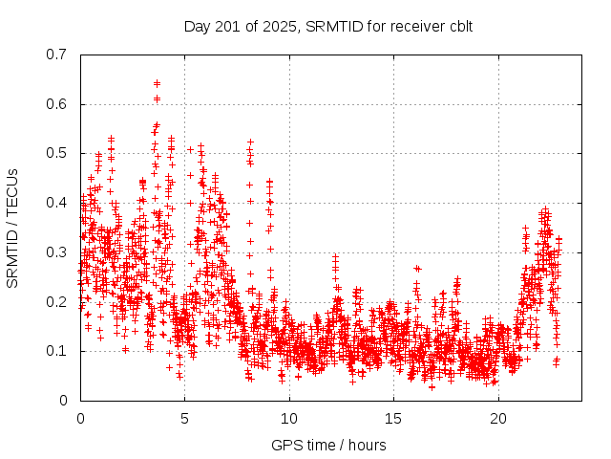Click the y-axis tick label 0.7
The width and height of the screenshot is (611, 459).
[58, 55]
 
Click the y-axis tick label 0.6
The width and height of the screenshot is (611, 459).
[58, 104]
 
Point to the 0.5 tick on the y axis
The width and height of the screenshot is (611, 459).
[58, 153]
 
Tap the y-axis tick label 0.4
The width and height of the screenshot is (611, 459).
[58, 203]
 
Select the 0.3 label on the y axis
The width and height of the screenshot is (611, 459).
[58, 252]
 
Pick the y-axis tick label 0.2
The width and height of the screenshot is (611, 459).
[58, 301]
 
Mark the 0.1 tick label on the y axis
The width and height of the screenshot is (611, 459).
[58, 351]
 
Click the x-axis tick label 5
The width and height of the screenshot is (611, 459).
[185, 419]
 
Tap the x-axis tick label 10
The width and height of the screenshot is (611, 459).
[289, 419]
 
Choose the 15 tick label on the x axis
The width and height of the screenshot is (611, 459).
[394, 419]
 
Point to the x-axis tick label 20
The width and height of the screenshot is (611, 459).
[498, 419]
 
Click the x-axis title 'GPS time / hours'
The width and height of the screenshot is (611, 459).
[328, 445]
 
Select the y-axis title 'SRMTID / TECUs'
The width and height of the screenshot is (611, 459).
[13, 228]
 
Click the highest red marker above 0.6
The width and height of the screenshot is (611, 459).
[157, 83]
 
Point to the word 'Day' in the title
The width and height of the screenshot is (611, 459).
[197, 26]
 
